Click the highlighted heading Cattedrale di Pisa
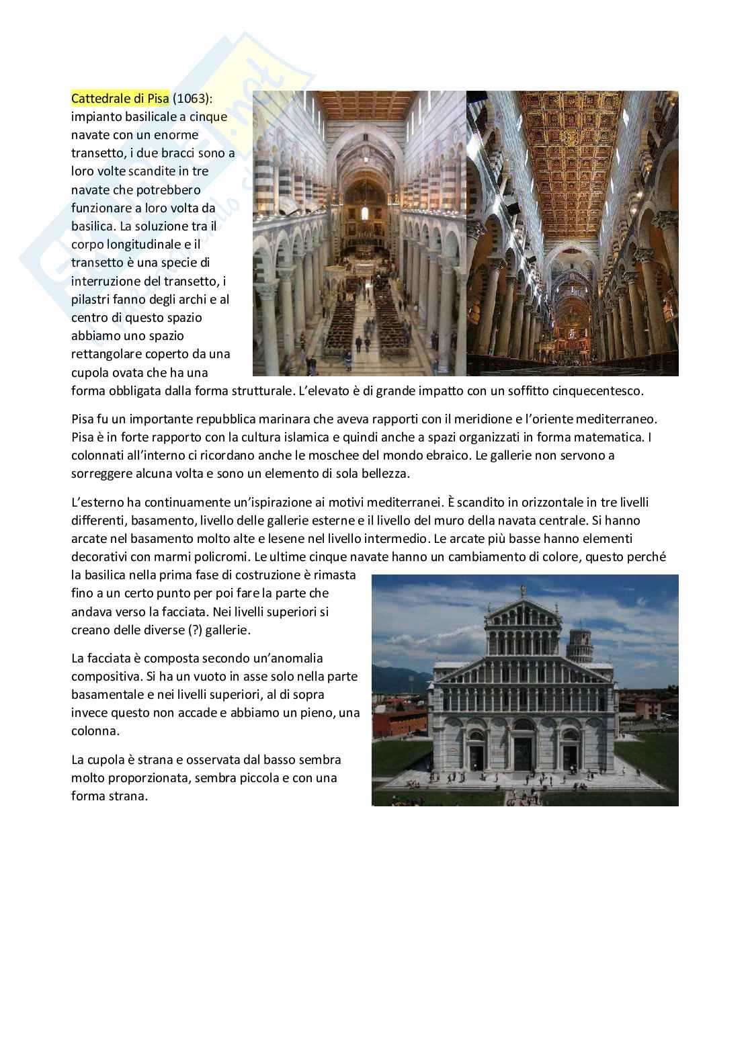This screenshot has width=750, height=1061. point(120,98)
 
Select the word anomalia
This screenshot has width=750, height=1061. point(298,658)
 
